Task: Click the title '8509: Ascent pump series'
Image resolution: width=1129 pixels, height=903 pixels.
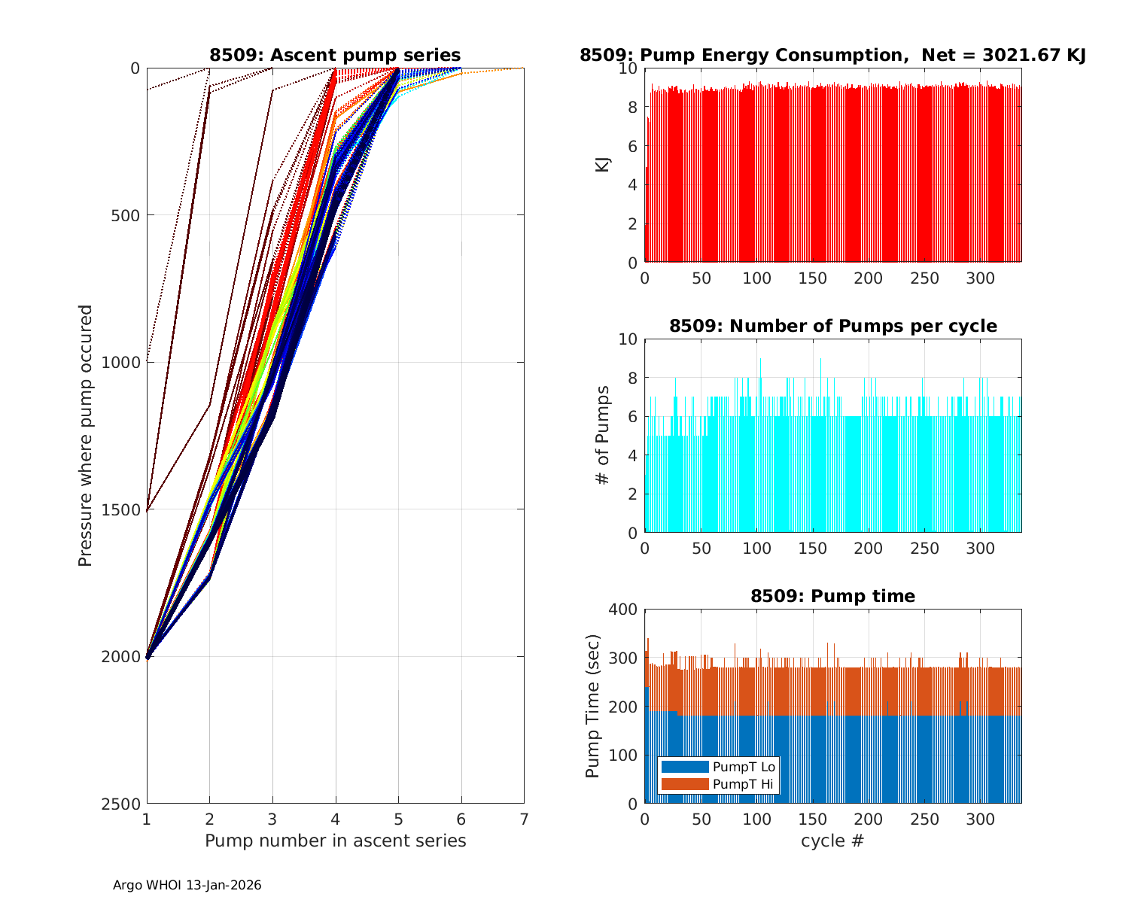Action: pyautogui.click(x=335, y=55)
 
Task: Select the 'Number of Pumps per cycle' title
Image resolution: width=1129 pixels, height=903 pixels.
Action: pyautogui.click(x=832, y=326)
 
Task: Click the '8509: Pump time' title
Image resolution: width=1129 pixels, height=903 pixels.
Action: pyautogui.click(x=832, y=596)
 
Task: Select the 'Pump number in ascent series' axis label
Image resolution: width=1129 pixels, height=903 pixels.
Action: pyautogui.click(x=335, y=841)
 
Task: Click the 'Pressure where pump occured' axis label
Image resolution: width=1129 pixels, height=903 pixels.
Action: pyautogui.click(x=85, y=436)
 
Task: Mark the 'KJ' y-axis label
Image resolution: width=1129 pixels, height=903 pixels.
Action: pyautogui.click(x=602, y=165)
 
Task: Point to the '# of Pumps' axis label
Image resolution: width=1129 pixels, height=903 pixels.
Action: pyautogui.click(x=602, y=436)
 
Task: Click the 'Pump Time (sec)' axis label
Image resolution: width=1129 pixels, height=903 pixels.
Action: pyautogui.click(x=593, y=706)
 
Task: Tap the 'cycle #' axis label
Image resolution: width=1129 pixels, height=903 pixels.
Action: pyautogui.click(x=832, y=841)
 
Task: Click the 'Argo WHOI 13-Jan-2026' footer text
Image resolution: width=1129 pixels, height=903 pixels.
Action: pyautogui.click(x=187, y=885)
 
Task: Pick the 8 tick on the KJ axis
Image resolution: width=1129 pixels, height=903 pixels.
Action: pyautogui.click(x=631, y=107)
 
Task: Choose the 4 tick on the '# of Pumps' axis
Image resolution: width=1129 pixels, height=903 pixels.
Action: pyautogui.click(x=631, y=455)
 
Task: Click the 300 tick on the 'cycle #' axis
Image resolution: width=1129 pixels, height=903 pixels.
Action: pyautogui.click(x=981, y=819)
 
